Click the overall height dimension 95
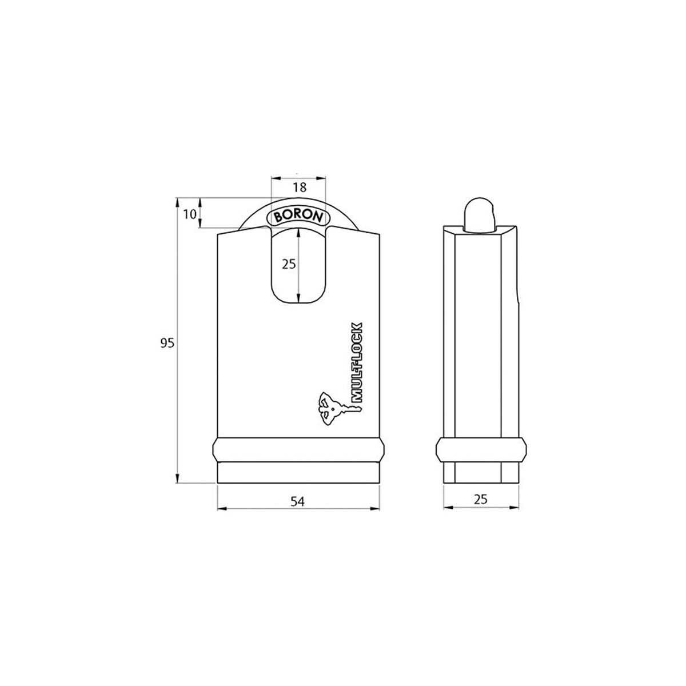pos(166,342)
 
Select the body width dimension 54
pos(297,501)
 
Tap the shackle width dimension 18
pos(299,187)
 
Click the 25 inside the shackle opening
pos(289,264)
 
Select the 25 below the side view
pos(481,499)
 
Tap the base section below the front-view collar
pos(297,473)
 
